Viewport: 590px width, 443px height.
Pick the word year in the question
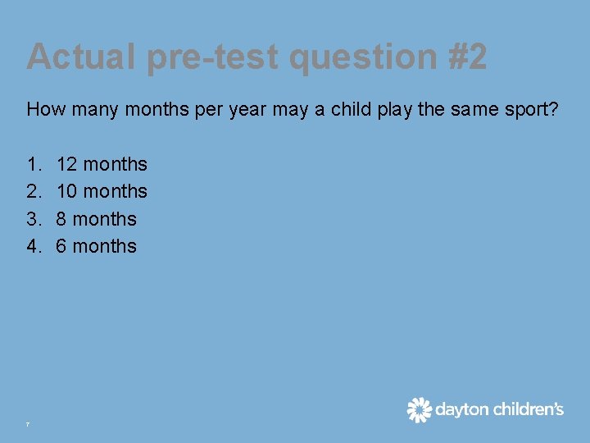coord(247,108)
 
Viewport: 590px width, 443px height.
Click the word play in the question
coord(393,108)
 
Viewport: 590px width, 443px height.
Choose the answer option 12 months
coord(102,164)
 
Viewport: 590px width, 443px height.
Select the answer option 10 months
coord(102,191)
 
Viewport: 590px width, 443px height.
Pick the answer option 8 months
coord(96,219)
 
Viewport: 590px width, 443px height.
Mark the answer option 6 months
coord(96,246)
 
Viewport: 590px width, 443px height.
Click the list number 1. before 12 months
coord(34,164)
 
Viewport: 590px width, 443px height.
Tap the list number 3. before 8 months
coord(34,219)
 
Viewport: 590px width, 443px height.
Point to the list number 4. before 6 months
coord(34,246)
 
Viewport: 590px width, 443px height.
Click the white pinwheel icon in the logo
coord(420,409)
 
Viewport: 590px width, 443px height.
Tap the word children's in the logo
coord(529,409)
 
